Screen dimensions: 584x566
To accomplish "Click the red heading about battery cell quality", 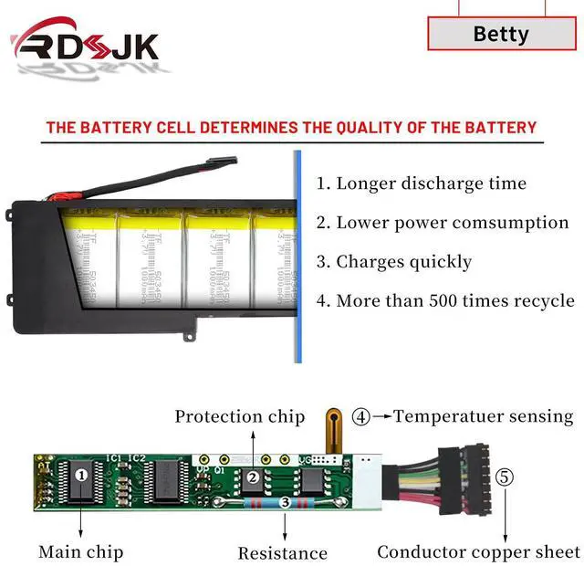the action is coord(291,127).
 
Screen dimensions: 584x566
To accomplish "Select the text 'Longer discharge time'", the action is coord(434,183).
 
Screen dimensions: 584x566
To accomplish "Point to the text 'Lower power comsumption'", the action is coord(454,223).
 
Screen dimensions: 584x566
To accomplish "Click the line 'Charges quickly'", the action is coord(404,262).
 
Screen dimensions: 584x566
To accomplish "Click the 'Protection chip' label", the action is coord(239,417).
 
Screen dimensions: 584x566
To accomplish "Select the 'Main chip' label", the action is coord(80,551).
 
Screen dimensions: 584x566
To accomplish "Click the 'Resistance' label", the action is coord(282,553).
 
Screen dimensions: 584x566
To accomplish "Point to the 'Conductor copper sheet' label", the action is coord(478,551).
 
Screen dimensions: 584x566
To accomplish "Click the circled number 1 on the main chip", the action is coord(80,475).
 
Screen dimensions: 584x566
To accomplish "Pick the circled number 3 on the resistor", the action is coord(285,501).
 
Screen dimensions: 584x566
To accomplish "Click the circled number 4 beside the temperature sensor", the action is coord(361,417).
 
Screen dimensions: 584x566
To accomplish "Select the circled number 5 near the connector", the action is coord(505,477).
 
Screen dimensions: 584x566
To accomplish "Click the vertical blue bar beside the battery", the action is coord(297,256).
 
